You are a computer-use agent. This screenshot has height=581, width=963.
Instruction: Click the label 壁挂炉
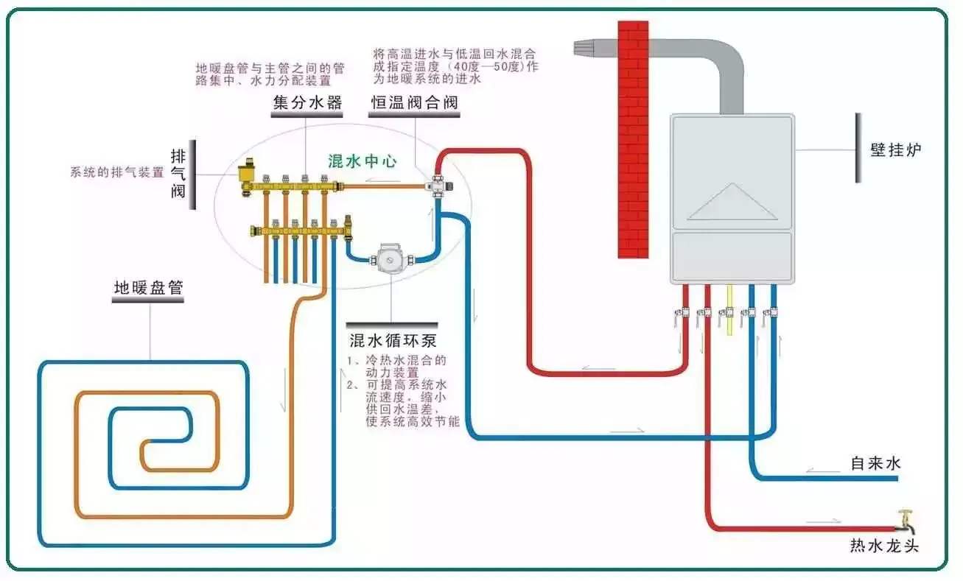pos(896,149)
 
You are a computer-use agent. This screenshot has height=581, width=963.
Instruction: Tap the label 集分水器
pos(307,102)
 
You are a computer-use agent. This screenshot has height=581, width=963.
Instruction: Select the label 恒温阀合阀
pos(413,102)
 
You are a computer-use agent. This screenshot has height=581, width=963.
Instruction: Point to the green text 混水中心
pos(363,161)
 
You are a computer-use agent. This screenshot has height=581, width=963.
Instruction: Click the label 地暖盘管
pos(148,287)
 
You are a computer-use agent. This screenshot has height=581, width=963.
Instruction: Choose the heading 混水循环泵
pos(393,340)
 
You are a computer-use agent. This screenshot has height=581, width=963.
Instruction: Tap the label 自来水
pos(875,463)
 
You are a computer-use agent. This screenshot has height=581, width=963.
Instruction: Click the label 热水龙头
pos(884,546)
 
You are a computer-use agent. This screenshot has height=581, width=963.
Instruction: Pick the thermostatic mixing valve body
pos(439,185)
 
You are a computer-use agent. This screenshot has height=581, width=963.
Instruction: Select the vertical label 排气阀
pos(178,175)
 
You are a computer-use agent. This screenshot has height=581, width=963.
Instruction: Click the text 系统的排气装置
pos(116,174)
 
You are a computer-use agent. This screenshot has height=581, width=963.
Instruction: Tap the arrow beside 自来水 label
pos(819,470)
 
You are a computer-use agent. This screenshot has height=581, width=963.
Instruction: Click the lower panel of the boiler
pos(732,256)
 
